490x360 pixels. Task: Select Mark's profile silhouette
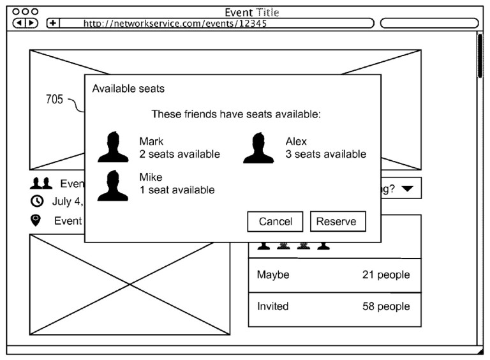click(x=113, y=147)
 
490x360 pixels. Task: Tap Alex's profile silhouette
click(x=258, y=148)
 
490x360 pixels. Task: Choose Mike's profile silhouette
click(x=113, y=185)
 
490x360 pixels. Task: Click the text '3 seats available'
click(x=325, y=154)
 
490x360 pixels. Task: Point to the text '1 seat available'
click(x=177, y=190)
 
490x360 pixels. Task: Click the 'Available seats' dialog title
click(x=128, y=89)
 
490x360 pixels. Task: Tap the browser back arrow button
click(x=20, y=23)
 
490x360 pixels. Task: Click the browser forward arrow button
click(x=31, y=23)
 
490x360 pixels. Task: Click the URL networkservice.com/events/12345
click(x=175, y=24)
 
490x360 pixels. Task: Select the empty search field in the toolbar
click(x=429, y=23)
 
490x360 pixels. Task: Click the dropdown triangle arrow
click(x=408, y=188)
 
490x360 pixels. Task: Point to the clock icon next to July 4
click(x=37, y=201)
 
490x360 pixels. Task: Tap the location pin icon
click(x=36, y=220)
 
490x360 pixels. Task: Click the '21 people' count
click(x=386, y=274)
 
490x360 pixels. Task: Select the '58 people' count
click(x=386, y=306)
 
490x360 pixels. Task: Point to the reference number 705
click(x=54, y=100)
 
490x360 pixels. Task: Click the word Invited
click(x=273, y=306)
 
